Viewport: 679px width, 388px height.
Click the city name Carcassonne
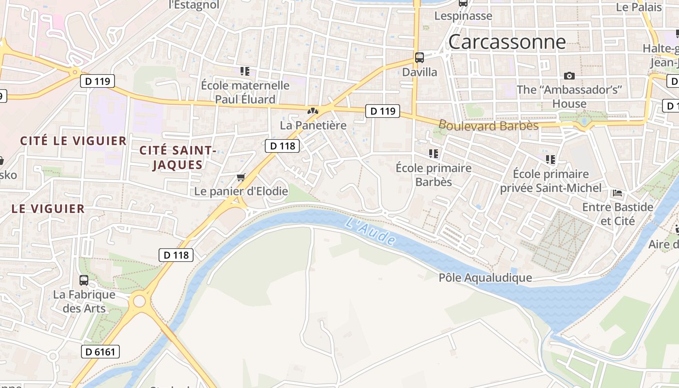tap(507, 42)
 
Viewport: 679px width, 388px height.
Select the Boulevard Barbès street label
tap(488, 126)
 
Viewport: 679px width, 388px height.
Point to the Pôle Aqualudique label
tap(485, 278)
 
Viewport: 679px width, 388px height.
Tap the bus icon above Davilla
tap(420, 58)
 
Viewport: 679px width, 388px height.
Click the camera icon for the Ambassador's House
tap(569, 76)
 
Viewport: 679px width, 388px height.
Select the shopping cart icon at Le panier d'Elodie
tap(241, 178)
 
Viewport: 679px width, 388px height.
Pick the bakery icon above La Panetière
tap(313, 111)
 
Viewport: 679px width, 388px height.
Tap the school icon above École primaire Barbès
tap(433, 154)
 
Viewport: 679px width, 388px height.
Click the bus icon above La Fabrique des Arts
tap(84, 280)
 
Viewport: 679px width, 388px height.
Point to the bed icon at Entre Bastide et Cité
tap(617, 193)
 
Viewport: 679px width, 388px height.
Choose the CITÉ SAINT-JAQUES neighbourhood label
tap(178, 158)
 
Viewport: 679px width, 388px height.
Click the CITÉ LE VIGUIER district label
tap(73, 141)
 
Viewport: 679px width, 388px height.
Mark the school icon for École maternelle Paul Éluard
tap(245, 71)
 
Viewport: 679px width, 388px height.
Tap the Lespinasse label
tap(463, 16)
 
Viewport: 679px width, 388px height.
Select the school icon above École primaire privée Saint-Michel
tap(550, 159)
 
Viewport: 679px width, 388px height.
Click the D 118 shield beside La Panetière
tap(282, 145)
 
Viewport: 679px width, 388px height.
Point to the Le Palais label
tap(639, 7)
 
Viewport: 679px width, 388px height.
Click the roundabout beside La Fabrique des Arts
tap(139, 301)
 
